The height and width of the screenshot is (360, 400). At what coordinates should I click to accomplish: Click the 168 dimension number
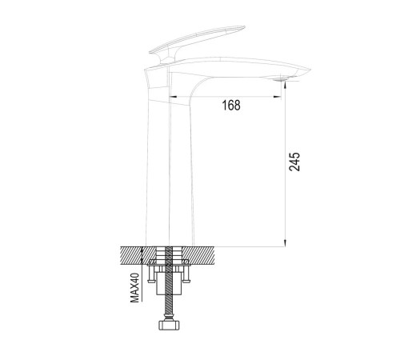231,105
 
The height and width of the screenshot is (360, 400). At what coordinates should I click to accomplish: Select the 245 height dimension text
294,162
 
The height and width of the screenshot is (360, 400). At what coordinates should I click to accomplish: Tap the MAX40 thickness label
135,288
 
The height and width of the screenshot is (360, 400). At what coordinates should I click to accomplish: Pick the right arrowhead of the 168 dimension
278,97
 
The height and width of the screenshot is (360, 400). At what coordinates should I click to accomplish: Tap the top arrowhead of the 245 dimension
285,85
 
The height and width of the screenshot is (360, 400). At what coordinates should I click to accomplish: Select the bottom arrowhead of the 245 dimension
285,242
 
